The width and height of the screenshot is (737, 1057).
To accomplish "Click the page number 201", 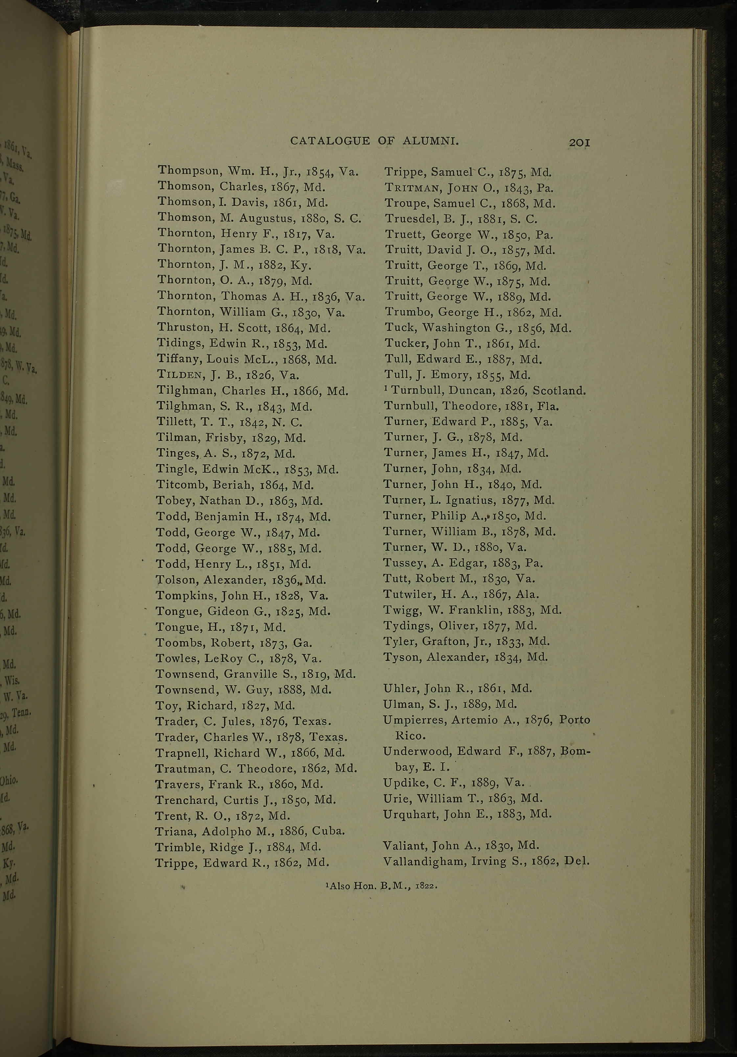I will click(579, 143).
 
